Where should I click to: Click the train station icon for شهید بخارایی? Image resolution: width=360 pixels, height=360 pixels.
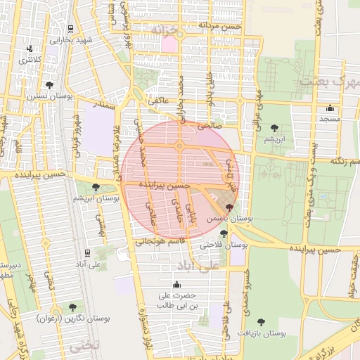70,28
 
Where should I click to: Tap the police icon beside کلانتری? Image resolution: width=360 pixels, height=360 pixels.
30,49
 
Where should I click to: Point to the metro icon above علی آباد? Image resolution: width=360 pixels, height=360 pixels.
86,252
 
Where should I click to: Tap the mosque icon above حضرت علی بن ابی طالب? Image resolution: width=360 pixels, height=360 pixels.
176,285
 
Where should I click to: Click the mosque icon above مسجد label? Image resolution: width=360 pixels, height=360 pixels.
330,108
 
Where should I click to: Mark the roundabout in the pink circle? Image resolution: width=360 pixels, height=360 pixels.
180,146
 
